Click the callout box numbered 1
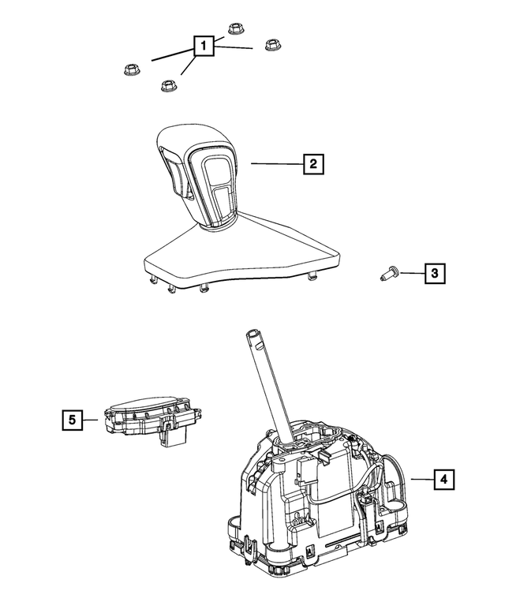tap(204, 47)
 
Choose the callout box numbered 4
tap(443, 479)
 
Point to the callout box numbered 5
tap(72, 420)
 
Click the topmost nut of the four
tap(234, 30)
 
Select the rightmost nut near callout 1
tap(272, 45)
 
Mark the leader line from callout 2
tap(276, 163)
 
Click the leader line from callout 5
tap(92, 420)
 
